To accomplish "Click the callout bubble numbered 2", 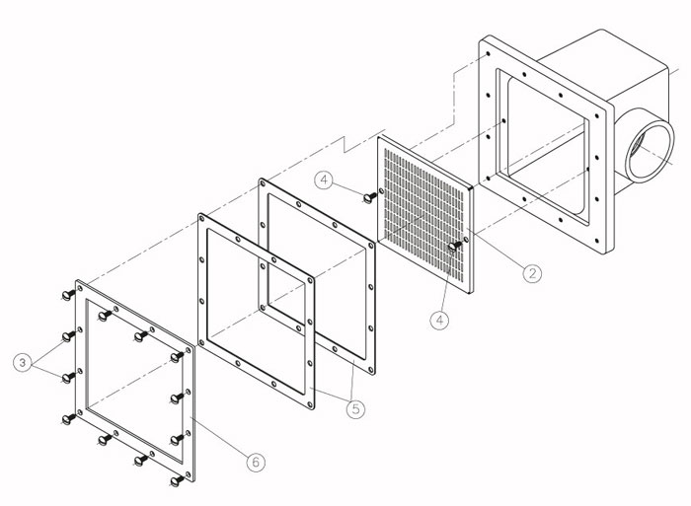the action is click(x=532, y=273).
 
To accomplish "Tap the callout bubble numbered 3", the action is click(x=23, y=363).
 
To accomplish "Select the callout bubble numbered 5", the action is click(x=355, y=409).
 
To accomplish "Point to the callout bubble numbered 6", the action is click(x=256, y=462).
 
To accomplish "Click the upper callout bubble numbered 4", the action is click(x=324, y=181).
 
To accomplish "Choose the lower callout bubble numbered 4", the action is click(x=440, y=320).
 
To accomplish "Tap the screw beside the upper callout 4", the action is click(x=369, y=197).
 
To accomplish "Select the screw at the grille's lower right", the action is click(x=454, y=247).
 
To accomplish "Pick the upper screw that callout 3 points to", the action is click(x=68, y=336).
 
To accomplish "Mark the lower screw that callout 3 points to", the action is click(x=68, y=378).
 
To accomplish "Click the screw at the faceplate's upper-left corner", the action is click(x=68, y=295).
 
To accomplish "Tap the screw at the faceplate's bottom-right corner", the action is click(x=177, y=481).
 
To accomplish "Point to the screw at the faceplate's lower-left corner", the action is click(x=68, y=419).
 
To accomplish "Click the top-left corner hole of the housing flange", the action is click(x=488, y=53).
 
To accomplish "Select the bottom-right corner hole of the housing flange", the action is click(x=596, y=241).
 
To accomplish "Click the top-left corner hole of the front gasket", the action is click(x=202, y=219).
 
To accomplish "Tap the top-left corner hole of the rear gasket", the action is click(x=264, y=183).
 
